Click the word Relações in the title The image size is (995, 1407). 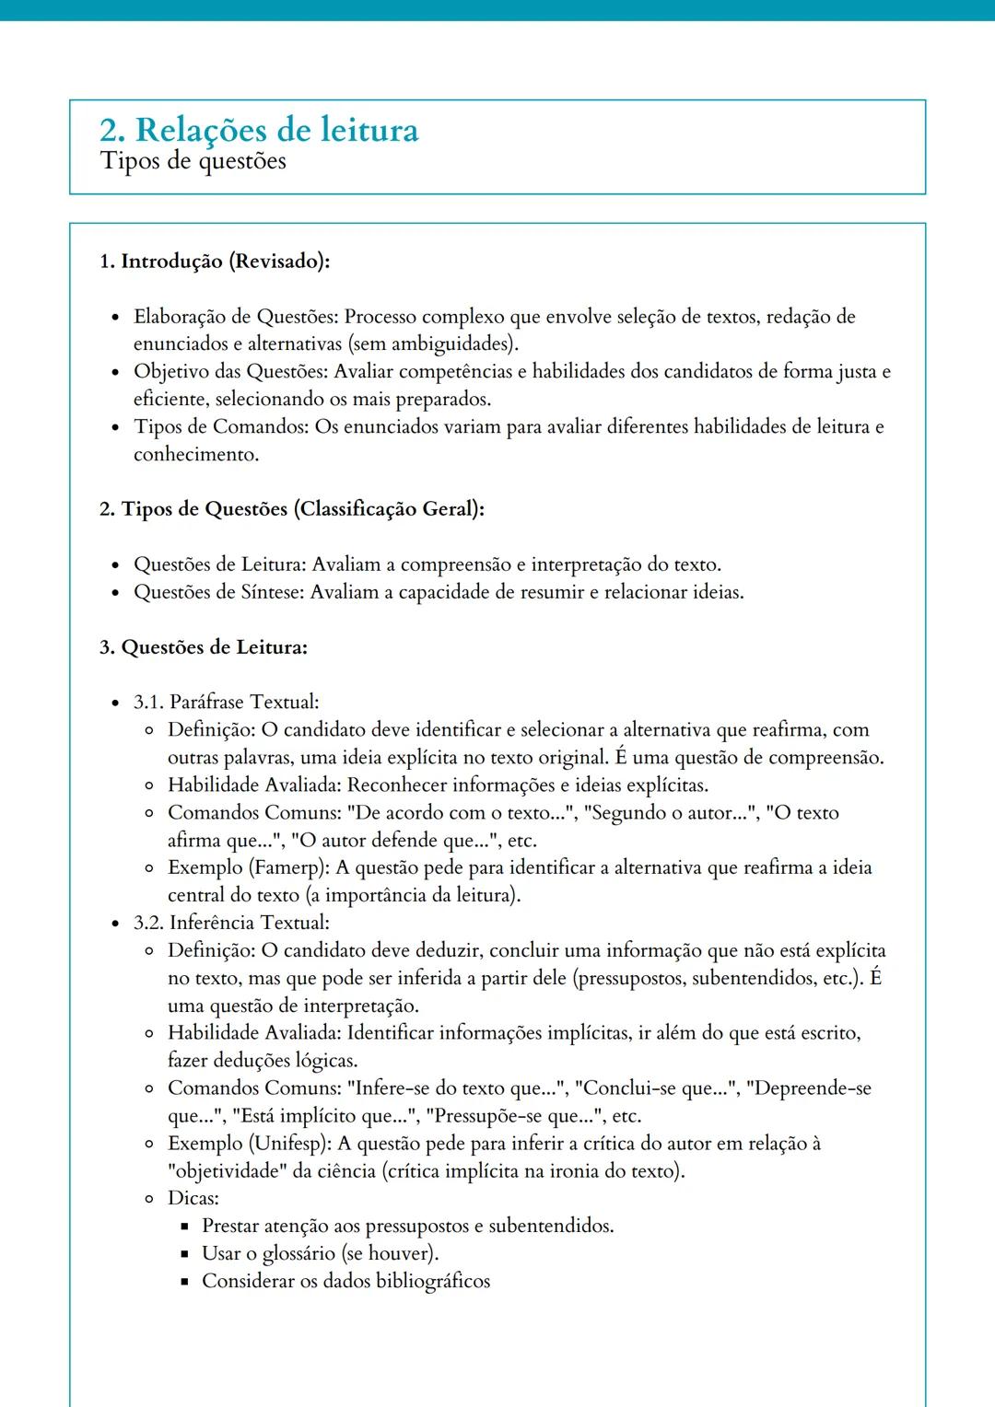pos(209,130)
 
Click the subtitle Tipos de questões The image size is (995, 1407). pos(193,161)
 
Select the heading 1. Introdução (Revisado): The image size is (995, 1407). pos(214,262)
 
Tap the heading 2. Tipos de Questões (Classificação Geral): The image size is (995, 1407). pos(291,509)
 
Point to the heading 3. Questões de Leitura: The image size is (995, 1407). pos(203,647)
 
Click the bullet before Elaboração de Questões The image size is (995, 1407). pos(115,318)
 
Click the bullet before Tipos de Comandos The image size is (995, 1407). pos(115,428)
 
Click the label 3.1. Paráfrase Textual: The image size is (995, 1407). pos(226,703)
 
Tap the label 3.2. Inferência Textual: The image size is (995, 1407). pos(230,923)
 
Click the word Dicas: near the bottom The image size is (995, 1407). pos(193,1199)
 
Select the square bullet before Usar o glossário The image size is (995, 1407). pos(184,1254)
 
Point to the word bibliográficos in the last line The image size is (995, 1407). pos(432,1282)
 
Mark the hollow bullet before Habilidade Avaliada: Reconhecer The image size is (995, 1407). pos(149,786)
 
